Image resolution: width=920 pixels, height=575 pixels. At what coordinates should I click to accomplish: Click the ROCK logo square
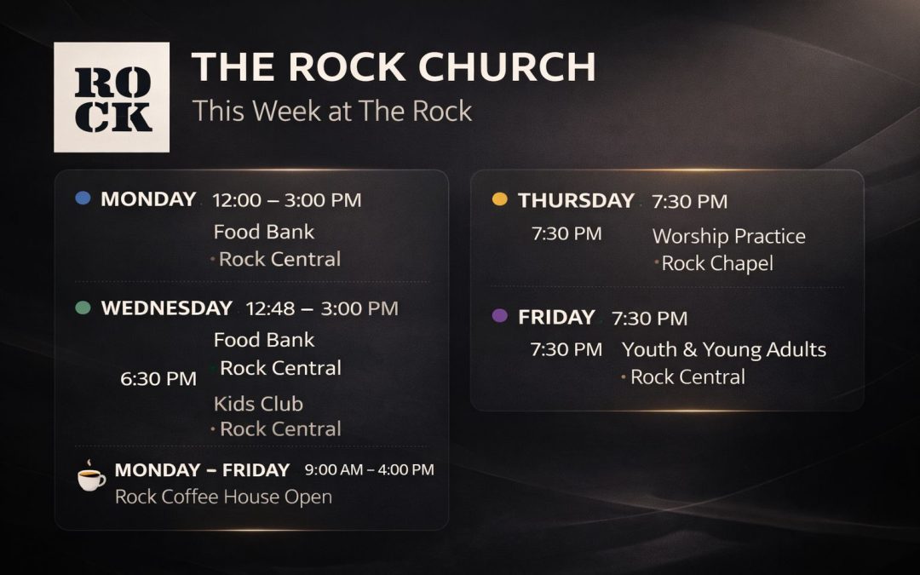[x=112, y=97]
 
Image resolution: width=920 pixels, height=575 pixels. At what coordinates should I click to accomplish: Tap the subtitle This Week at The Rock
[x=331, y=111]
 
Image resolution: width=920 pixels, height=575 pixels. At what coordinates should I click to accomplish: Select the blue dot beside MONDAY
[x=83, y=198]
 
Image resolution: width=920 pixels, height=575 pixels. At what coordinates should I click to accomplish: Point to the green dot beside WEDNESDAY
[x=83, y=308]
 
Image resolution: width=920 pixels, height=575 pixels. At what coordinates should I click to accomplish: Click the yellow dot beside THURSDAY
[x=500, y=199]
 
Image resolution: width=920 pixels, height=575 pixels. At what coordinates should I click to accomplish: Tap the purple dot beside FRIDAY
[x=500, y=316]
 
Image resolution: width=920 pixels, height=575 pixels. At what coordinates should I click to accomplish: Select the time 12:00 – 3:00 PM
[x=287, y=200]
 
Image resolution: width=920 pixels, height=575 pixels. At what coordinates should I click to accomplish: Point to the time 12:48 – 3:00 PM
[x=322, y=308]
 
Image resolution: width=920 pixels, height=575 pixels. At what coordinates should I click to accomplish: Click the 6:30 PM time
[x=158, y=379]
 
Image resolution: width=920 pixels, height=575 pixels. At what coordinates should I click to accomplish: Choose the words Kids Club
[x=258, y=404]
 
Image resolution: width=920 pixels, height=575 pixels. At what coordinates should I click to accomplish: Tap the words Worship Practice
[x=728, y=236]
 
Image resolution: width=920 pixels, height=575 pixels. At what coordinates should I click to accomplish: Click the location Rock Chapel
[x=716, y=264]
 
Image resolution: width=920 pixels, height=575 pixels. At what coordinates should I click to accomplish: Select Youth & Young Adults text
[x=724, y=349]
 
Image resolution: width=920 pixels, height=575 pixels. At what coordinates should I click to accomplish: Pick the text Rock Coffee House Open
[x=223, y=497]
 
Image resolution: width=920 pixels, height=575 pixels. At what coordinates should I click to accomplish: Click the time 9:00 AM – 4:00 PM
[x=369, y=469]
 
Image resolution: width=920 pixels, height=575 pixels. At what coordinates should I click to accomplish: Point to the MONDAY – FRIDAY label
[x=202, y=470]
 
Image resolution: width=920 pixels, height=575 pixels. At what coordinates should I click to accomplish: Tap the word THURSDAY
[x=576, y=201]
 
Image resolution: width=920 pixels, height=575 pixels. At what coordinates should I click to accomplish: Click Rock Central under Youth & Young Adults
[x=687, y=377]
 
